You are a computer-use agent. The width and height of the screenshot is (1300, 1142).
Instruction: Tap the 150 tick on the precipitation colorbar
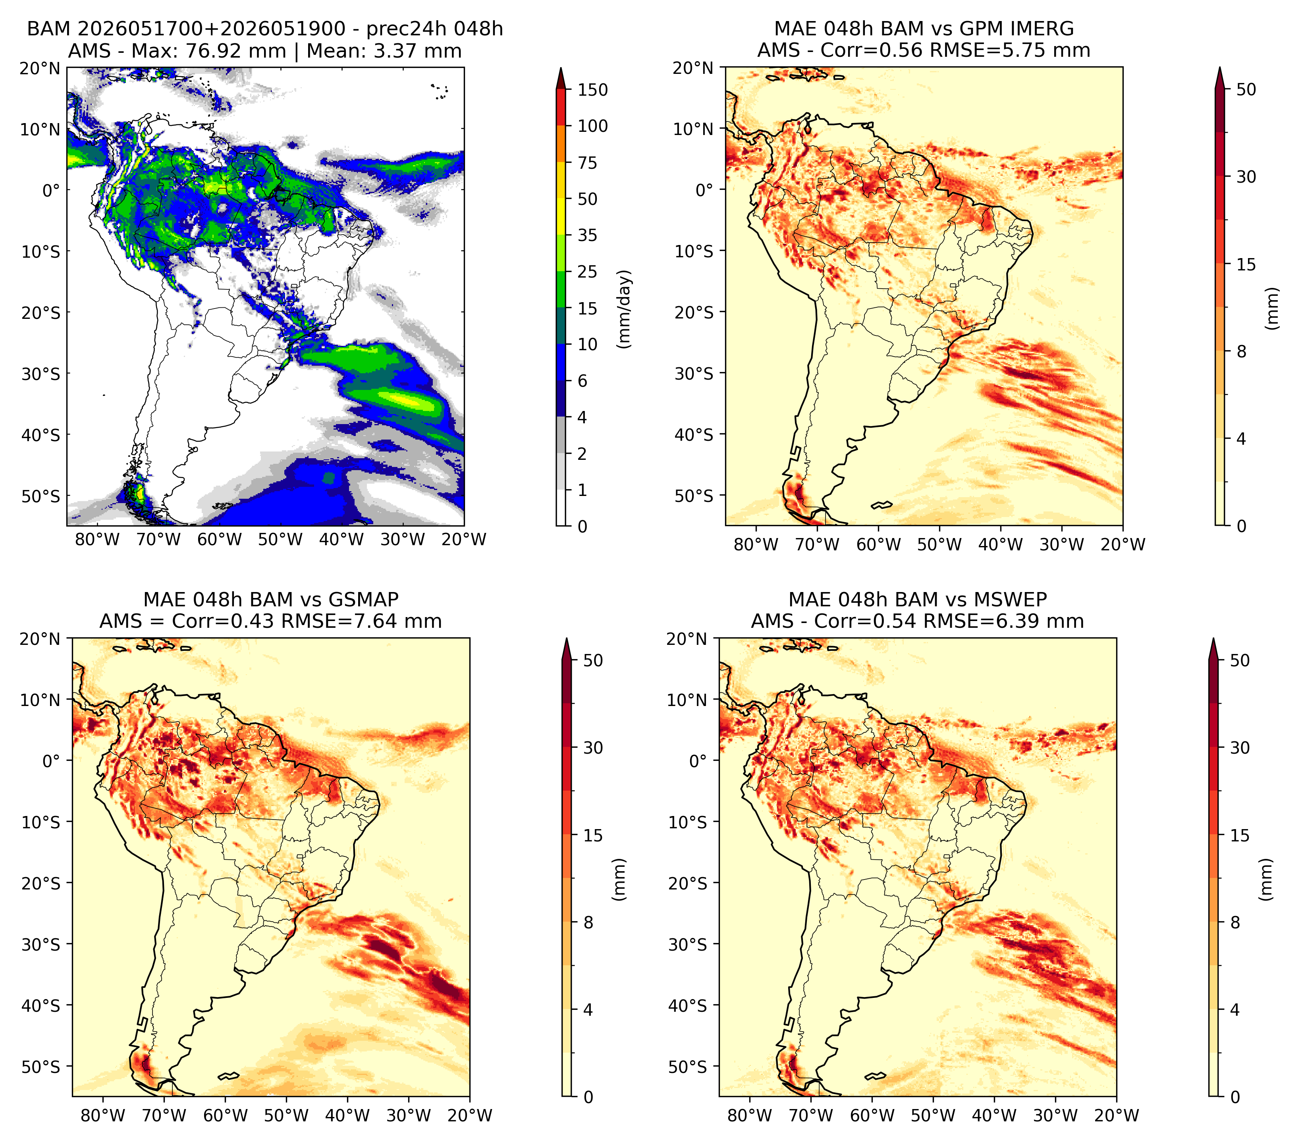[593, 90]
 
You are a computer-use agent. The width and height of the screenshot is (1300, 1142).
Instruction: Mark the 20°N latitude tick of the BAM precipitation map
[39, 68]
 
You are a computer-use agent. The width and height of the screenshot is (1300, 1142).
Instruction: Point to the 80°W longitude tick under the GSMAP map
[103, 1115]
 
